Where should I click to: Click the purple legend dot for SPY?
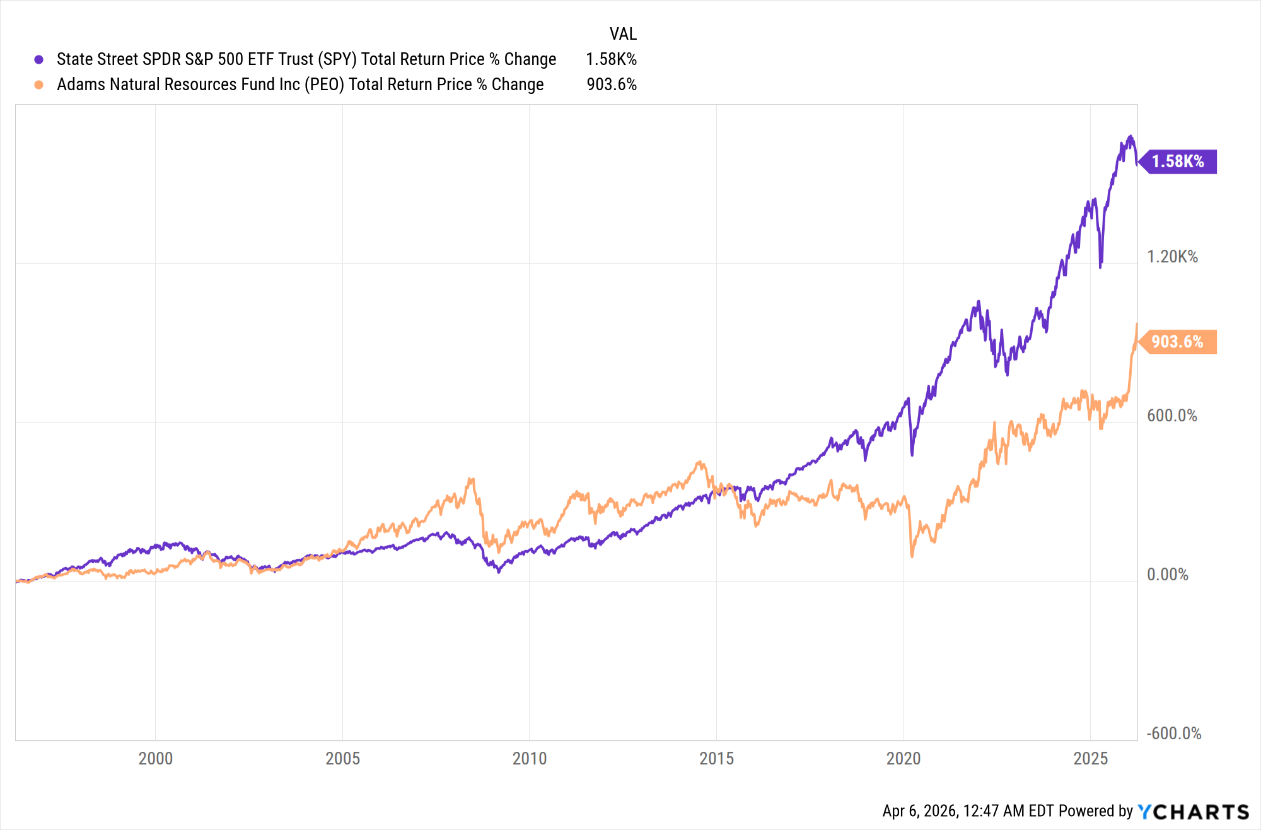click(39, 59)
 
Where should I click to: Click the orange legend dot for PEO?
click(39, 85)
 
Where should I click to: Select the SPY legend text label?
click(306, 59)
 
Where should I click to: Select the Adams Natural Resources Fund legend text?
click(300, 85)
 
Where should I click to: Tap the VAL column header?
click(623, 33)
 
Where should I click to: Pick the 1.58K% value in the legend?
click(611, 59)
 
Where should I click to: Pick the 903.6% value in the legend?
click(612, 85)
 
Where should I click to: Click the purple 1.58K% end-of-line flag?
click(1178, 161)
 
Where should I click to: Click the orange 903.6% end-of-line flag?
click(1177, 342)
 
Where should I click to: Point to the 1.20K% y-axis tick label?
click(1172, 257)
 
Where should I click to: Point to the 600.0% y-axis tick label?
click(1171, 416)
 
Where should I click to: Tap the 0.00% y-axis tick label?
click(1167, 575)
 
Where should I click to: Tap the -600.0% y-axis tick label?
click(1173, 734)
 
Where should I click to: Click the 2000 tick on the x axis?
click(155, 758)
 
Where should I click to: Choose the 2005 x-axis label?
click(342, 758)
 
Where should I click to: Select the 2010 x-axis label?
click(529, 758)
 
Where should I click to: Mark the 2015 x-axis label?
click(716, 758)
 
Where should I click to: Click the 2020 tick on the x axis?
click(903, 758)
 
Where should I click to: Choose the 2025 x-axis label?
click(1090, 758)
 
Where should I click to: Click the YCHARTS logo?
click(1193, 812)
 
